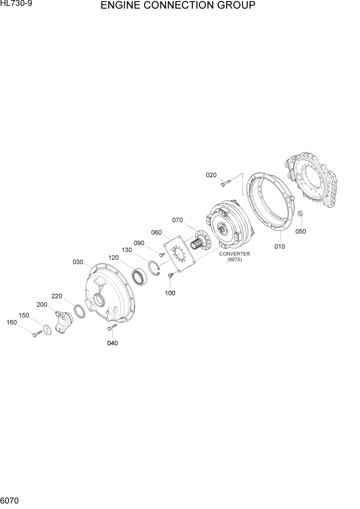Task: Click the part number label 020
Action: click(x=211, y=175)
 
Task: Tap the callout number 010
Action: click(x=279, y=246)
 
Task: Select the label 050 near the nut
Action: click(x=301, y=231)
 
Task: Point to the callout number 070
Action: click(x=177, y=220)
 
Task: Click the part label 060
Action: click(x=156, y=232)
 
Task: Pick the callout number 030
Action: click(x=78, y=262)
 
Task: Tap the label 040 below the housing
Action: click(x=112, y=343)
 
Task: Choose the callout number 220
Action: click(x=56, y=296)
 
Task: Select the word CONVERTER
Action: click(x=234, y=253)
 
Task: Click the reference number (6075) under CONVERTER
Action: click(x=234, y=260)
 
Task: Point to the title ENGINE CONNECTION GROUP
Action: click(x=178, y=6)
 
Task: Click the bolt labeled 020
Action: click(x=226, y=182)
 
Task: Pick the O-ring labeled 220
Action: click(x=80, y=310)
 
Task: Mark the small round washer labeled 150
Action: click(x=47, y=329)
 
